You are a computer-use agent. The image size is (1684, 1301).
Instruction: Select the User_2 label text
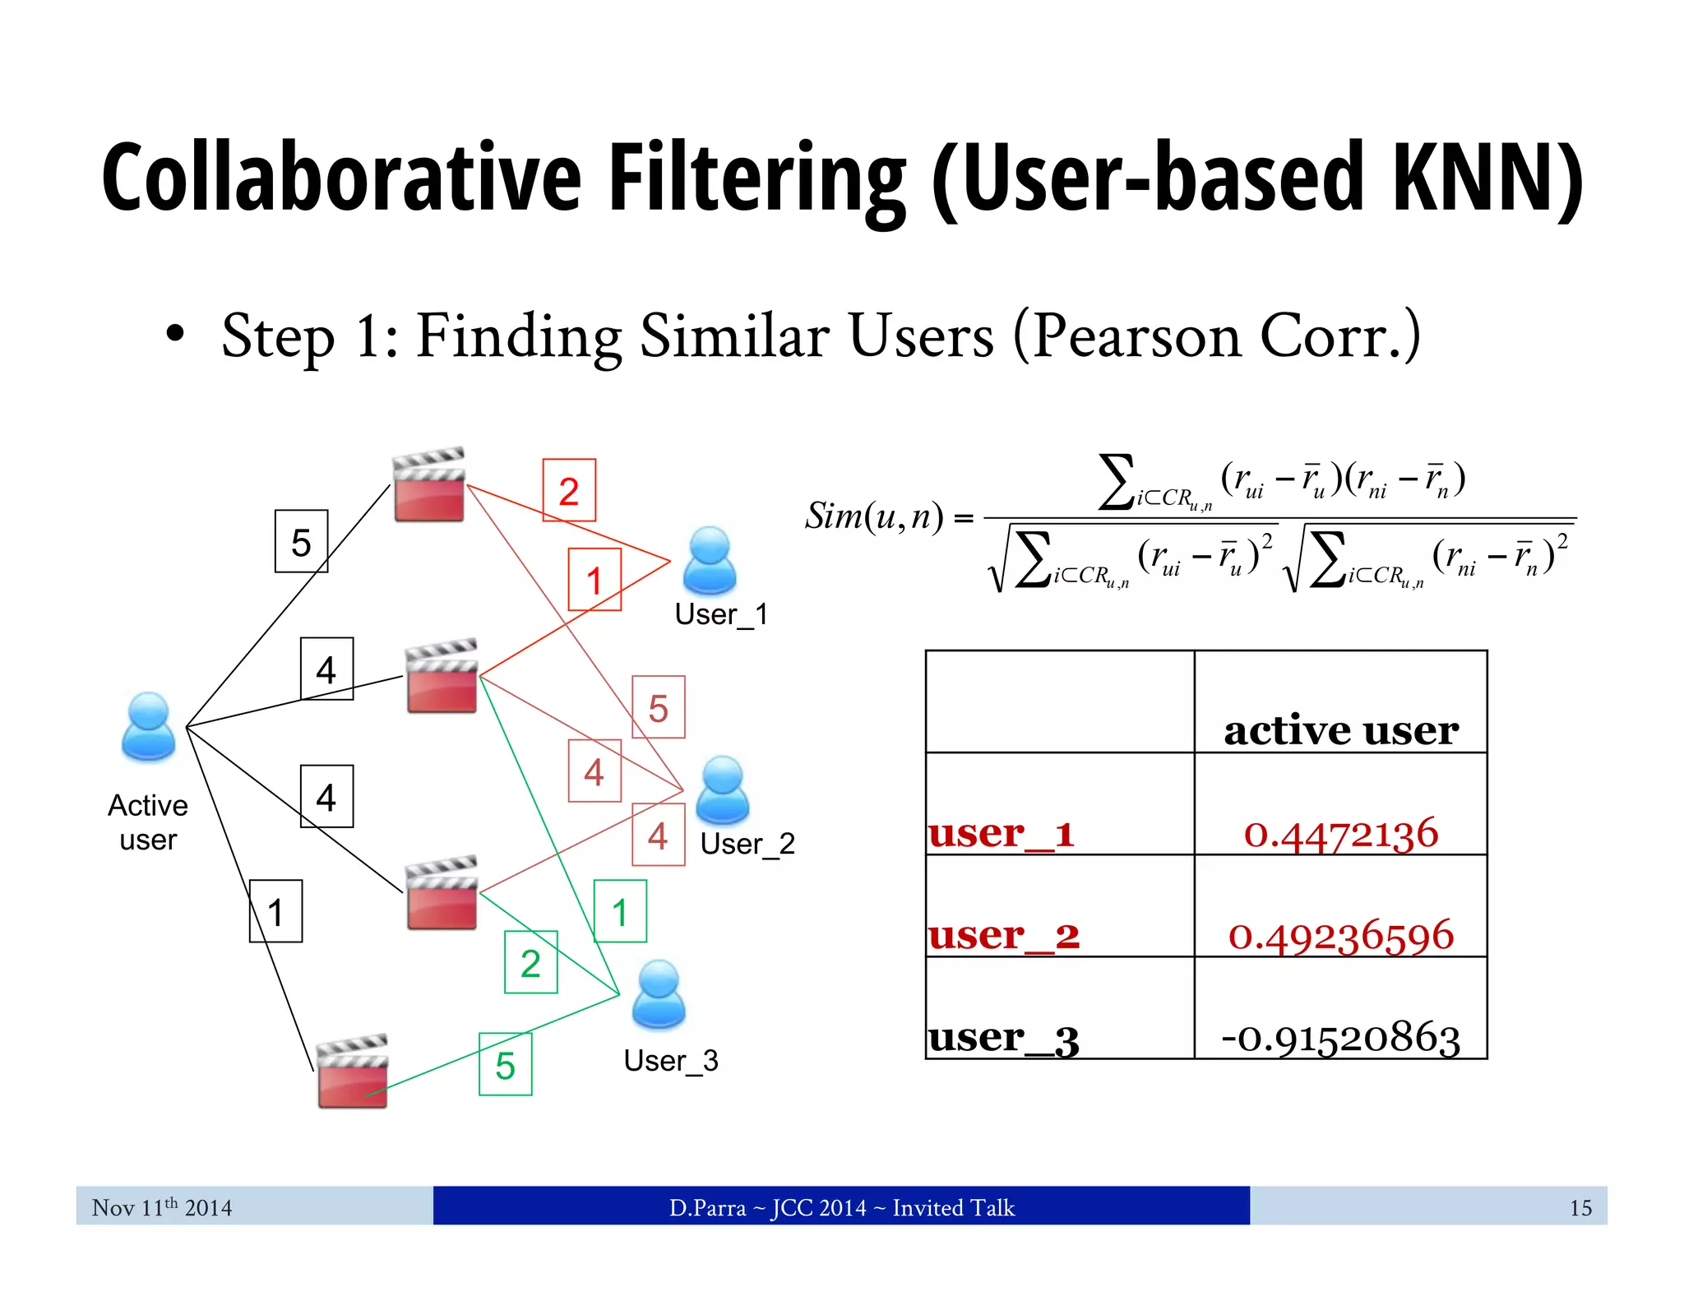[747, 844]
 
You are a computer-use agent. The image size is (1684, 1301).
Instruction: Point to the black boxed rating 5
[301, 541]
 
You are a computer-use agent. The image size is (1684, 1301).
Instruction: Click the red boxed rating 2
[569, 490]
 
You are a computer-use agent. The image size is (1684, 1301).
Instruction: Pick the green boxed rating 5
[505, 1065]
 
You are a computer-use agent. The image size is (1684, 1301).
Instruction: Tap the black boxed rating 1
[275, 911]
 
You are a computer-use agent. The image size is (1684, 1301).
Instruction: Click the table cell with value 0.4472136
[1340, 833]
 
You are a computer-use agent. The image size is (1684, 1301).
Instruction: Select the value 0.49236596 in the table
[1340, 935]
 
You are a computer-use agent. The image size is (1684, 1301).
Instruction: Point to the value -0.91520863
[1340, 1037]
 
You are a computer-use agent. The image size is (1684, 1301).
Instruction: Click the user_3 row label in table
[1003, 1038]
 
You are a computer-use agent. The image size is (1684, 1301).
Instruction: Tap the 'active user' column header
[1340, 729]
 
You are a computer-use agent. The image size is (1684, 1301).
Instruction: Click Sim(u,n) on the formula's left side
[874, 516]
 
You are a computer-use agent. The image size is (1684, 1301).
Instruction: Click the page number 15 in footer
[1580, 1207]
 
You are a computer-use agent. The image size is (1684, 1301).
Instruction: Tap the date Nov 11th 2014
[162, 1207]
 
